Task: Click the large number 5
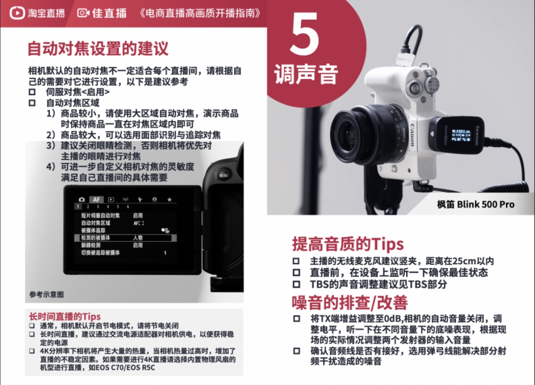[305, 34]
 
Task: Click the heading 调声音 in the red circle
[306, 74]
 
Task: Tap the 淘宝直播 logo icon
[17, 12]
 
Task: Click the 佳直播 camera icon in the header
[83, 12]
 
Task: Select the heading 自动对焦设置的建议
[98, 49]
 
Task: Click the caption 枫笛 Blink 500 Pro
[475, 204]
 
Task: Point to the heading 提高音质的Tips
[348, 244]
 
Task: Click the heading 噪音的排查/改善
[350, 303]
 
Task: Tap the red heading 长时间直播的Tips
[65, 317]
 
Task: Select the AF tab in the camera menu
[96, 199]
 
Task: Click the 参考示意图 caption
[47, 294]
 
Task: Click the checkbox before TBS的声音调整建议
[296, 284]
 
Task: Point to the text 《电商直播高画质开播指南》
[200, 13]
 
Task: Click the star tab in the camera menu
[169, 199]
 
